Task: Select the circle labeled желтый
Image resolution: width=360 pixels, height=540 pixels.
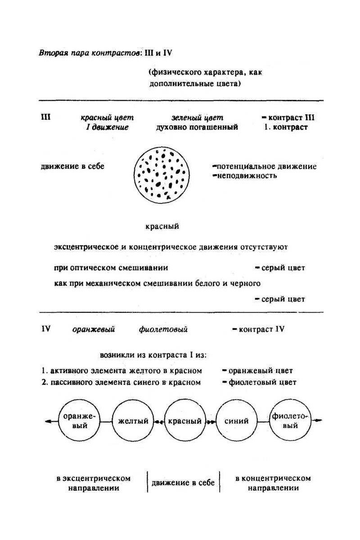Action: [133, 422]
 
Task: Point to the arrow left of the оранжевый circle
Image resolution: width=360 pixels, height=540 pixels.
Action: [50, 422]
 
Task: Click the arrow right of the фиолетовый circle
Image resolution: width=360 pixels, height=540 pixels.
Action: [318, 421]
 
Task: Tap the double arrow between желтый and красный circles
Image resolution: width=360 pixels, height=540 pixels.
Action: [158, 422]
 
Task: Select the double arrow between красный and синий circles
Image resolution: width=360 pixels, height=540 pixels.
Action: [211, 422]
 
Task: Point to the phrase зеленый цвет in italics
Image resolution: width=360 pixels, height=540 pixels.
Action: [197, 117]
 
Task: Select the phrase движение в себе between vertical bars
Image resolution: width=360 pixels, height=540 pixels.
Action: [183, 483]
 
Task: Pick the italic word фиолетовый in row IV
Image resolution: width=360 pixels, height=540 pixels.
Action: [163, 329]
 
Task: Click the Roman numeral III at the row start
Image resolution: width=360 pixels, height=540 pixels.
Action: [45, 117]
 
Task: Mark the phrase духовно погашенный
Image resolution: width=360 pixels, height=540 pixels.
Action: [197, 127]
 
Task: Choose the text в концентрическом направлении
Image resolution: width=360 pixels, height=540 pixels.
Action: [273, 483]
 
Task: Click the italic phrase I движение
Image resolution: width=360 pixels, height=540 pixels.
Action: [108, 127]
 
